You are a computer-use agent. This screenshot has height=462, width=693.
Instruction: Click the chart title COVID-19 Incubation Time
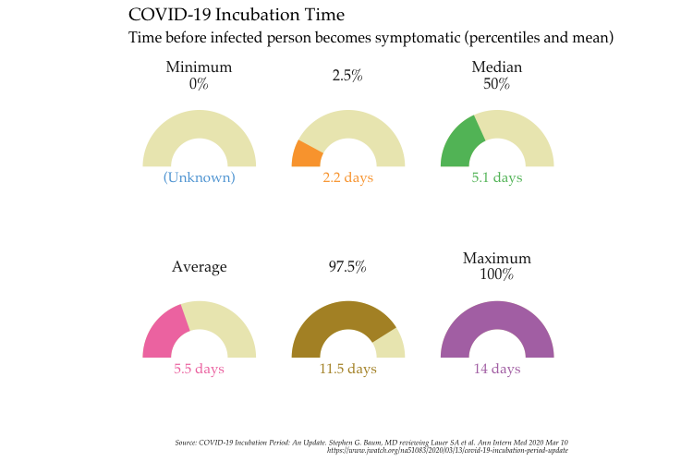(x=237, y=16)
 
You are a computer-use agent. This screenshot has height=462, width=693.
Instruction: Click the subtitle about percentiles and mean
(x=371, y=39)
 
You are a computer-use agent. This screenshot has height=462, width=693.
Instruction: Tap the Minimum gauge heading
(x=199, y=67)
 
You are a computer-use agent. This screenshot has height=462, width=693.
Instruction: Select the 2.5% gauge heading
(x=347, y=76)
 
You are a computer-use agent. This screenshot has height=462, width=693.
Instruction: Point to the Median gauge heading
(x=496, y=67)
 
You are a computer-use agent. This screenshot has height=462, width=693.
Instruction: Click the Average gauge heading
(x=199, y=267)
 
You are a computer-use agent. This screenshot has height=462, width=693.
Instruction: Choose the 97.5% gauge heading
(x=347, y=267)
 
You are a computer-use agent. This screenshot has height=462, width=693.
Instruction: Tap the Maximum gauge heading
(x=496, y=259)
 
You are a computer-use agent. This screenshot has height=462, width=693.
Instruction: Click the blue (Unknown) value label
(x=199, y=177)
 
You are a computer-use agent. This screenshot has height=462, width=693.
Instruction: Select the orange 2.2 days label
(x=347, y=177)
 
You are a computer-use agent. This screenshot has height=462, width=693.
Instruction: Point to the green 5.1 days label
(x=496, y=177)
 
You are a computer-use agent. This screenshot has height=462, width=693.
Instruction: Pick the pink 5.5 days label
(x=199, y=369)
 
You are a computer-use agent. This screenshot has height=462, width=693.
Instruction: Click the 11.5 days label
(x=347, y=369)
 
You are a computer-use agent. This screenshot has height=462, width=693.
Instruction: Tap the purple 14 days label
(x=496, y=369)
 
